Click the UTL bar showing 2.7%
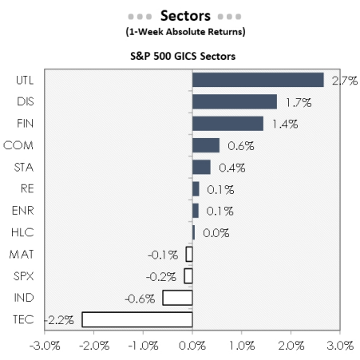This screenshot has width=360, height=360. pos(258,80)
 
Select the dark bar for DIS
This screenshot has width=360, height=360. pos(235,101)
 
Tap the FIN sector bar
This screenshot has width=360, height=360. pos(227,123)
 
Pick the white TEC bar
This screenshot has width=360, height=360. pos(137,319)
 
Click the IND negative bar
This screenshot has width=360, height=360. pos(177,297)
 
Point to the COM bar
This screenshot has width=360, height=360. pos(206,144)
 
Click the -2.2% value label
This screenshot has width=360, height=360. pos(60,319)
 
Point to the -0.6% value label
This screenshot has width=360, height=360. pos(140,298)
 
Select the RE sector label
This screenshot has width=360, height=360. pos(26,188)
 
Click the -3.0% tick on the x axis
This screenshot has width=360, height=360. pos(45,346)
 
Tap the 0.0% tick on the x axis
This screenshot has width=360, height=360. pos(192,346)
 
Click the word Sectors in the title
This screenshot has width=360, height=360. pos(185,16)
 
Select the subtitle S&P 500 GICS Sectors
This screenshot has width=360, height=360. pos(185,55)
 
